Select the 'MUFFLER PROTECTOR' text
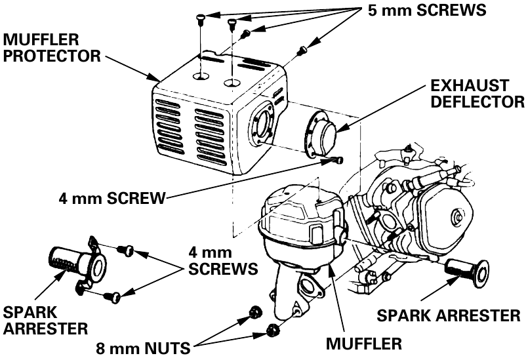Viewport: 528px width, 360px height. [51, 48]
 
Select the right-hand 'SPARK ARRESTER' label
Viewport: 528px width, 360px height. [449, 315]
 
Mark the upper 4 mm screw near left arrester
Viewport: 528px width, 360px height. [127, 249]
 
